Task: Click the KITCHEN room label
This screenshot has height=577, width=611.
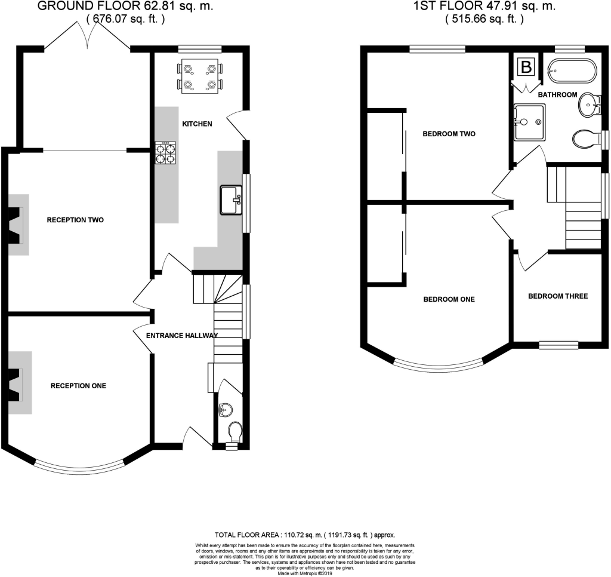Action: tap(197, 124)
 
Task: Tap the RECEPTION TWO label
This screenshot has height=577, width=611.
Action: tap(75, 220)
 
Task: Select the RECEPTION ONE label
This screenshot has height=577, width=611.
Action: tap(78, 386)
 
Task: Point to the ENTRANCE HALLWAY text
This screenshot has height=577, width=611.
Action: tap(182, 336)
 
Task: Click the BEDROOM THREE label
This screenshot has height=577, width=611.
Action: tap(558, 296)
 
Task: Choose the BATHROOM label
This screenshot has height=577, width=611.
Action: tap(558, 94)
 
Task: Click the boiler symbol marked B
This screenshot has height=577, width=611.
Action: tap(526, 67)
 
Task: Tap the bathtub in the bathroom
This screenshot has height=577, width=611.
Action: tap(572, 70)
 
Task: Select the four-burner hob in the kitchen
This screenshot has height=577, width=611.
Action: tap(165, 152)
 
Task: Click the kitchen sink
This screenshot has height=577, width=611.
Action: tap(232, 200)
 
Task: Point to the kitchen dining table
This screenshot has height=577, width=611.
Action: tap(200, 76)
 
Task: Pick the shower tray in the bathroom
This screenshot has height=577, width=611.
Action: tap(529, 122)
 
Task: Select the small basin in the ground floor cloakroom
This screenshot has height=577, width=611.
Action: tap(226, 410)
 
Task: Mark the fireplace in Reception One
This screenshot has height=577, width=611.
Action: tap(20, 383)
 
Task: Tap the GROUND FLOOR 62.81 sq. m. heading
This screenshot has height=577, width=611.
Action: tap(125, 6)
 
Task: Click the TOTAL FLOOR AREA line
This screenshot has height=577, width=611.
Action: tap(305, 535)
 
